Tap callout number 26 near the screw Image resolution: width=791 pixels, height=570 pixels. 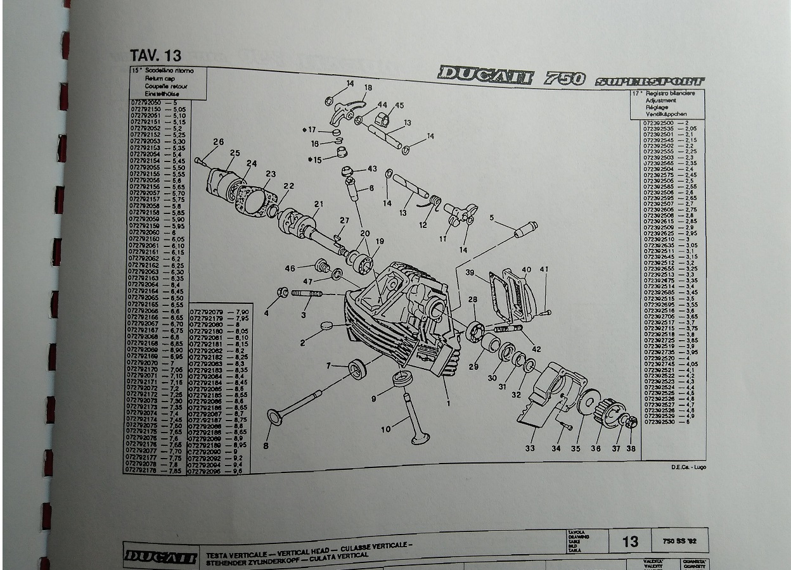click(218, 142)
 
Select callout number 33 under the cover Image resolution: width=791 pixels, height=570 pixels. click(530, 448)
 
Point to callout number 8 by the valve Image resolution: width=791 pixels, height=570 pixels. click(266, 446)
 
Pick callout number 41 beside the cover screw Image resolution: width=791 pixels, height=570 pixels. click(544, 270)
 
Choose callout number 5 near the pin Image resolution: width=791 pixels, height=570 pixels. click(491, 218)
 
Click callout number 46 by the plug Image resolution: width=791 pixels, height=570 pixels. click(290, 269)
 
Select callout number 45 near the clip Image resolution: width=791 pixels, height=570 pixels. click(399, 105)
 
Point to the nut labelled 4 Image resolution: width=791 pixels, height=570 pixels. click(283, 293)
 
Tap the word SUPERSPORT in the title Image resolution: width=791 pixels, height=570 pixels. click(650, 80)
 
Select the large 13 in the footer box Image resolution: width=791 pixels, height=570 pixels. click(630, 541)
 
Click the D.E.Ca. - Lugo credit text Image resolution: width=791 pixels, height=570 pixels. click(688, 467)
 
